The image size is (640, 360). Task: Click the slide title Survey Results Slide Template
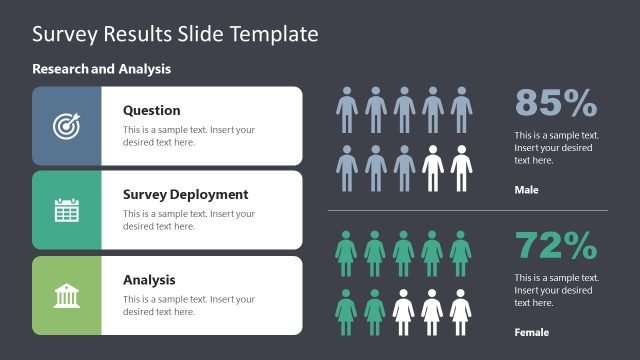pyautogui.click(x=175, y=34)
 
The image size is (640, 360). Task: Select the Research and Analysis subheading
pyautogui.click(x=101, y=69)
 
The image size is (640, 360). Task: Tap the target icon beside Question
pyautogui.click(x=66, y=126)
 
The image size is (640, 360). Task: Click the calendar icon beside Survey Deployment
pyautogui.click(x=66, y=210)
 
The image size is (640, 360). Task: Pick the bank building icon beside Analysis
pyautogui.click(x=66, y=295)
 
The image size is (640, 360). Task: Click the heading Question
pyautogui.click(x=151, y=110)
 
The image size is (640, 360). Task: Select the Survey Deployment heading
pyautogui.click(x=185, y=195)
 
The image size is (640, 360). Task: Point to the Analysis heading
pyautogui.click(x=149, y=280)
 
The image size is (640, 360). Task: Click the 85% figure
pyautogui.click(x=556, y=103)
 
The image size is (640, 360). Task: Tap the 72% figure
pyautogui.click(x=556, y=245)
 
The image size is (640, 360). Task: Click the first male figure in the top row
pyautogui.click(x=346, y=109)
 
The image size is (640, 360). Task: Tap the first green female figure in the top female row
pyautogui.click(x=346, y=253)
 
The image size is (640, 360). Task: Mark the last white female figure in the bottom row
pyautogui.click(x=461, y=311)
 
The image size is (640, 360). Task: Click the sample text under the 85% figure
pyautogui.click(x=556, y=147)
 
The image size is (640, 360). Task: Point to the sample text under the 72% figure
pyautogui.click(x=556, y=290)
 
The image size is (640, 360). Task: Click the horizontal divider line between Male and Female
pyautogui.click(x=467, y=211)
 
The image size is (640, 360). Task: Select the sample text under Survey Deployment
pyautogui.click(x=188, y=220)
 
